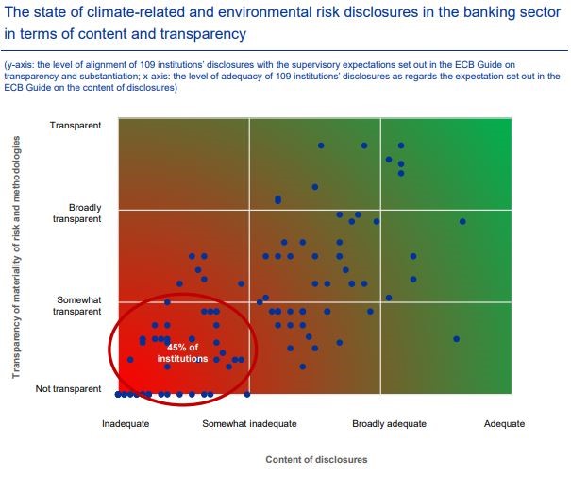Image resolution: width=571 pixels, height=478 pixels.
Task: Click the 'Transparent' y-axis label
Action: tap(76, 126)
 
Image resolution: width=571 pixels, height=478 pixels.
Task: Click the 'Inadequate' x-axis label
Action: tap(126, 424)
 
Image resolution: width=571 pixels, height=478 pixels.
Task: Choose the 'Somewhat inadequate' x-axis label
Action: tap(249, 424)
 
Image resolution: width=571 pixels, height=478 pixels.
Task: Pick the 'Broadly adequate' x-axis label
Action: tap(388, 424)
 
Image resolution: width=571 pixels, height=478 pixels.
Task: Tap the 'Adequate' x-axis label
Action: tap(503, 424)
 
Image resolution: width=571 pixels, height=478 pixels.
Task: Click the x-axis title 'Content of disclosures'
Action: tap(316, 460)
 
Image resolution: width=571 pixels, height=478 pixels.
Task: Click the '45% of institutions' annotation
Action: tap(181, 353)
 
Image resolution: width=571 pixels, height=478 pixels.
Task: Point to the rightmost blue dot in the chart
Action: tap(462, 221)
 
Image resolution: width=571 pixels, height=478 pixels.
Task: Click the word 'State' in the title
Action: tap(45, 11)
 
